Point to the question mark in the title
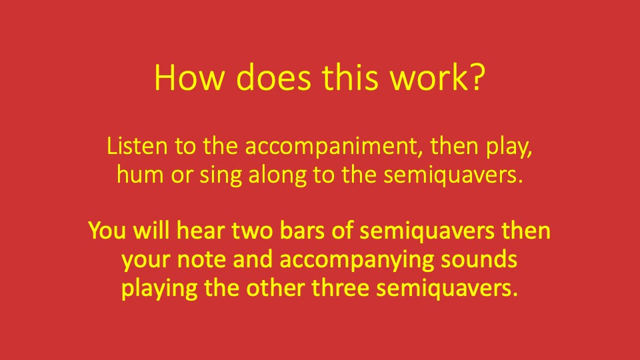pos(475,78)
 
